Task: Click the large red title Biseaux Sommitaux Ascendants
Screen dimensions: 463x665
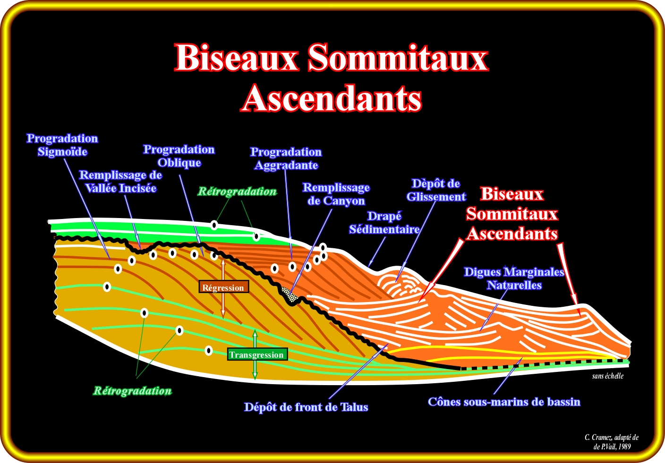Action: click(332, 78)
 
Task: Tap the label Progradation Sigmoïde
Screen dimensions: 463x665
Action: click(62, 145)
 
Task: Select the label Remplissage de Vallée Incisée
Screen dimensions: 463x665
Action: click(120, 182)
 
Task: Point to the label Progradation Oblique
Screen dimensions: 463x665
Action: click(179, 156)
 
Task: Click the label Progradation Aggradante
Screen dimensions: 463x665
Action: click(286, 159)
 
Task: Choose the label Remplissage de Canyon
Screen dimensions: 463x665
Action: click(336, 194)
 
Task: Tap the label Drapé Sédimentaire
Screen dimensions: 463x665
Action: click(384, 223)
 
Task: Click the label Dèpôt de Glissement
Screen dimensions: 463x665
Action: click(436, 190)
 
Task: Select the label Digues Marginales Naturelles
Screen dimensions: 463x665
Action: click(514, 278)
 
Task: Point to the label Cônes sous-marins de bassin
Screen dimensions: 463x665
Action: click(504, 402)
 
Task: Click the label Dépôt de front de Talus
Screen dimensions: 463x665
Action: click(306, 407)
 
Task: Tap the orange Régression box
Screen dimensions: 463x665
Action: click(223, 287)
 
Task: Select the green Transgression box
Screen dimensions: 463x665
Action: click(256, 354)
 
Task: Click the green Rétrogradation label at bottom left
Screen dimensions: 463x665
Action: click(132, 391)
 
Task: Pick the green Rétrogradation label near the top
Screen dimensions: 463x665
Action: click(237, 192)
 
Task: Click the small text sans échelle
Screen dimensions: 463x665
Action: click(607, 376)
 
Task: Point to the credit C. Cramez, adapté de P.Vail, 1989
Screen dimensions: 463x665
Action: click(612, 442)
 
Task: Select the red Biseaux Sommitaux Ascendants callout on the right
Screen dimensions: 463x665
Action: click(512, 214)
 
